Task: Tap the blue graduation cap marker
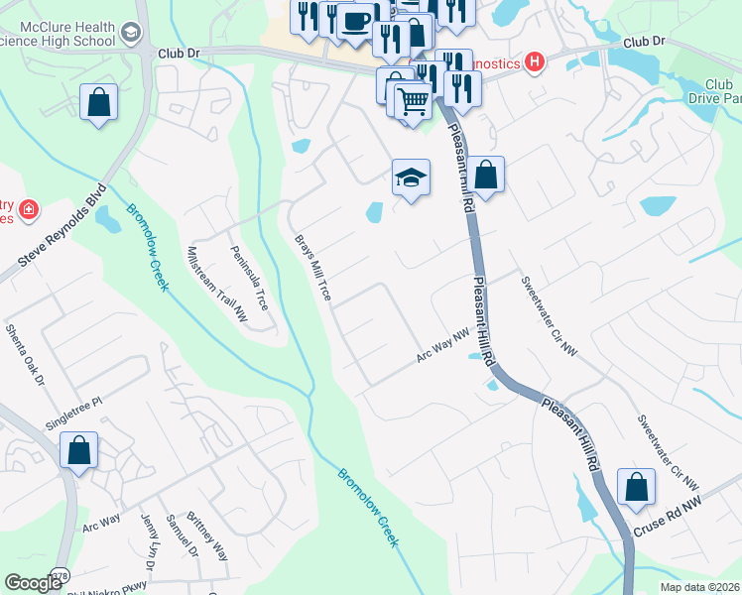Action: click(411, 178)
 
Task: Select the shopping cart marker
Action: click(414, 100)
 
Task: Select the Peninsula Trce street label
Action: click(249, 279)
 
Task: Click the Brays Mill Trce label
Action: click(312, 268)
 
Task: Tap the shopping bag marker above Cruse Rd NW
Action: click(636, 488)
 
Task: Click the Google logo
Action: click(33, 583)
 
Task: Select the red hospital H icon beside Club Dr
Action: click(536, 63)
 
